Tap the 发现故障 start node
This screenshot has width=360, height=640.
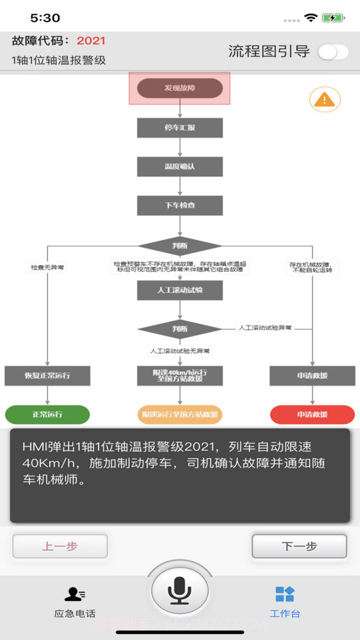point(180,88)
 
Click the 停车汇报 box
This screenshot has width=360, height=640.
point(180,128)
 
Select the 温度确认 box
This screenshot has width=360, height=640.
point(180,167)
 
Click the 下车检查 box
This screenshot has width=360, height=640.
point(180,206)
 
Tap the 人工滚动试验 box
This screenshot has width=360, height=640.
point(180,291)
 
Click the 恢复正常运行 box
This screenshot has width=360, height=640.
point(47,375)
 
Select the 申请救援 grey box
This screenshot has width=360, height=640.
point(312,375)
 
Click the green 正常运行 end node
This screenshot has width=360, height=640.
point(47,415)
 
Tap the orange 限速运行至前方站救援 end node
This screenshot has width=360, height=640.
point(180,415)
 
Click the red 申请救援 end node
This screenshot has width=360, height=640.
point(312,415)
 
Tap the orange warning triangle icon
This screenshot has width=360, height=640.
point(325,99)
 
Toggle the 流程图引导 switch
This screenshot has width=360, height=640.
point(333,51)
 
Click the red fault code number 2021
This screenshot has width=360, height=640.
point(91,41)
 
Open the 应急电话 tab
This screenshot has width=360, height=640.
point(75,602)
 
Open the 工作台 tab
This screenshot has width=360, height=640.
point(285,602)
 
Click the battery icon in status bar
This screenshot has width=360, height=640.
point(333,17)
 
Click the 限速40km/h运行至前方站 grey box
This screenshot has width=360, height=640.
point(180,375)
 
